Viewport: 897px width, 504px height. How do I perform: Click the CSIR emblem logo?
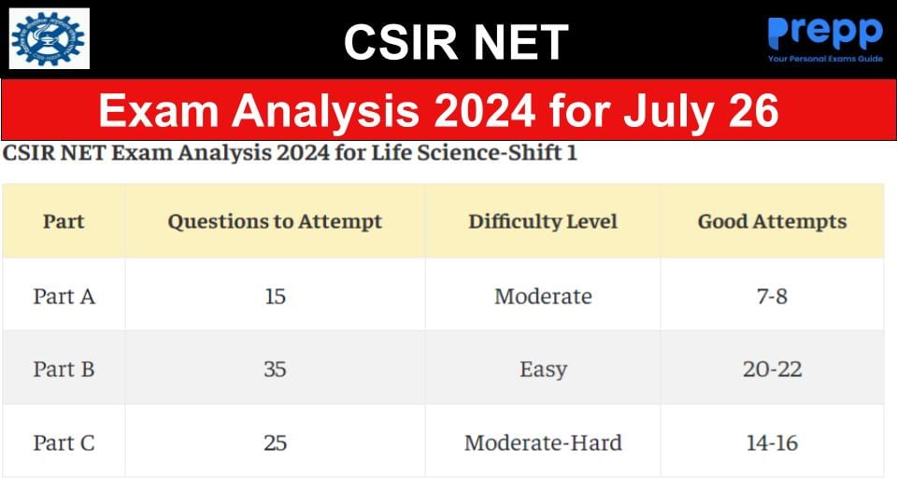pyautogui.click(x=49, y=38)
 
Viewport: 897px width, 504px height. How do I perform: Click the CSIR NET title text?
pyautogui.click(x=455, y=41)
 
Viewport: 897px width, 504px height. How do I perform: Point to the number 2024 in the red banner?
pyautogui.click(x=477, y=111)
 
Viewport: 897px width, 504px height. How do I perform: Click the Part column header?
pyautogui.click(x=64, y=221)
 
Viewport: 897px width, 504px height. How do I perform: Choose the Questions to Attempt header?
pyautogui.click(x=275, y=221)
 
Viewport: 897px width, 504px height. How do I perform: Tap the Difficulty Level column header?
pyautogui.click(x=543, y=221)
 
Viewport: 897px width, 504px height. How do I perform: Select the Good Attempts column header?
pyautogui.click(x=772, y=221)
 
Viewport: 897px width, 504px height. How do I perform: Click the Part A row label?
pyautogui.click(x=64, y=296)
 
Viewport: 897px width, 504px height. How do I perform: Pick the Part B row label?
pyautogui.click(x=64, y=369)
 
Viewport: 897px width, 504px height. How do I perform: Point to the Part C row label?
pyautogui.click(x=64, y=441)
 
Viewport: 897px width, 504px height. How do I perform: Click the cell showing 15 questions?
pyautogui.click(x=275, y=296)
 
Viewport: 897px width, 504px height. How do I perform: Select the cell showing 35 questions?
pyautogui.click(x=275, y=369)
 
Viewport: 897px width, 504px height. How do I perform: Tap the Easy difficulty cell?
pyautogui.click(x=543, y=369)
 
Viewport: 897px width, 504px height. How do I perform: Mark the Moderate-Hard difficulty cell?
pyautogui.click(x=543, y=441)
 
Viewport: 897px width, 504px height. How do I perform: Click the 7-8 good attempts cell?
pyautogui.click(x=772, y=296)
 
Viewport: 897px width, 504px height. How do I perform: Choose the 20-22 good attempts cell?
pyautogui.click(x=772, y=369)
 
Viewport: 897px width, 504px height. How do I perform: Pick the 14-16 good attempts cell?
pyautogui.click(x=772, y=441)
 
